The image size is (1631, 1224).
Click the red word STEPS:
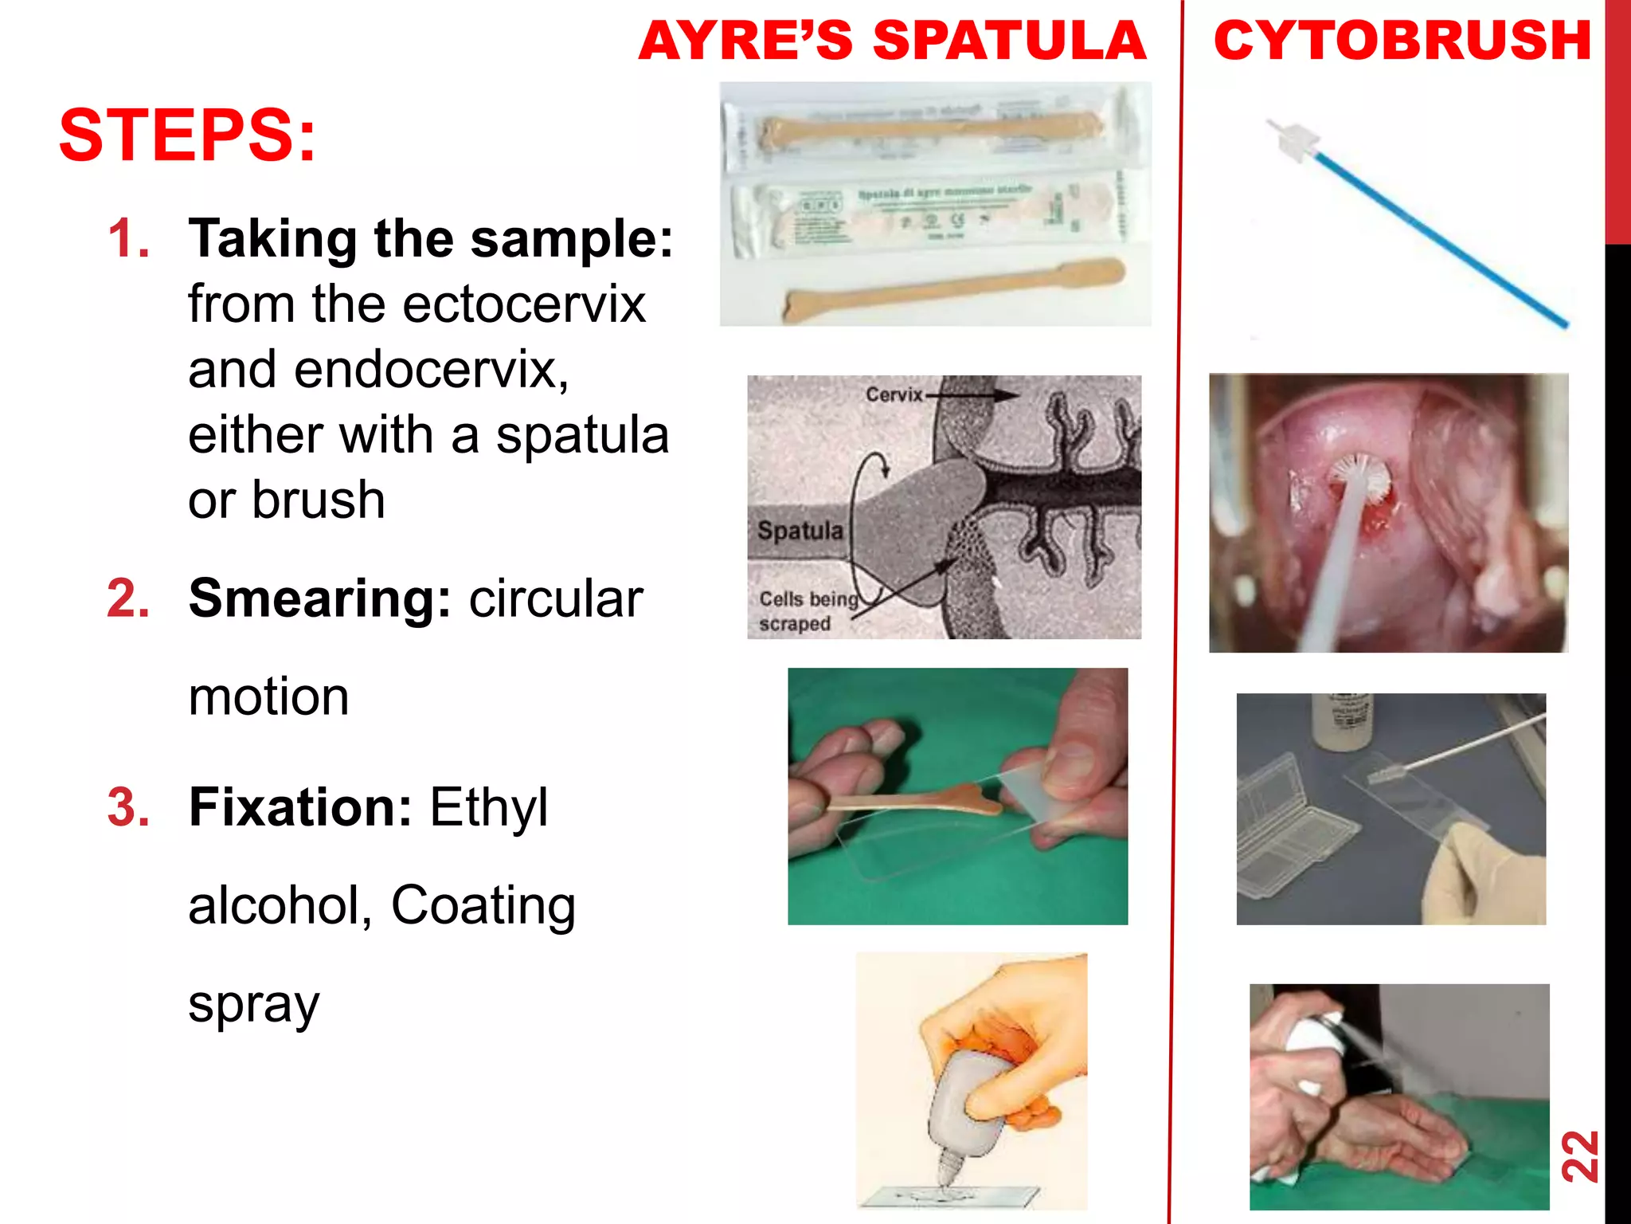(x=187, y=135)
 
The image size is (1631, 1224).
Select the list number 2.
(x=128, y=598)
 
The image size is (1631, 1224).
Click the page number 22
(x=1579, y=1155)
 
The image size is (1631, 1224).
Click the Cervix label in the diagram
(x=894, y=394)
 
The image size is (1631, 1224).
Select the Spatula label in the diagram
(x=800, y=531)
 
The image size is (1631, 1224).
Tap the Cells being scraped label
(x=806, y=611)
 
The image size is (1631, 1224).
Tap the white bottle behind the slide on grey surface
(x=1341, y=721)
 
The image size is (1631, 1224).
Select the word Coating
(x=483, y=906)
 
